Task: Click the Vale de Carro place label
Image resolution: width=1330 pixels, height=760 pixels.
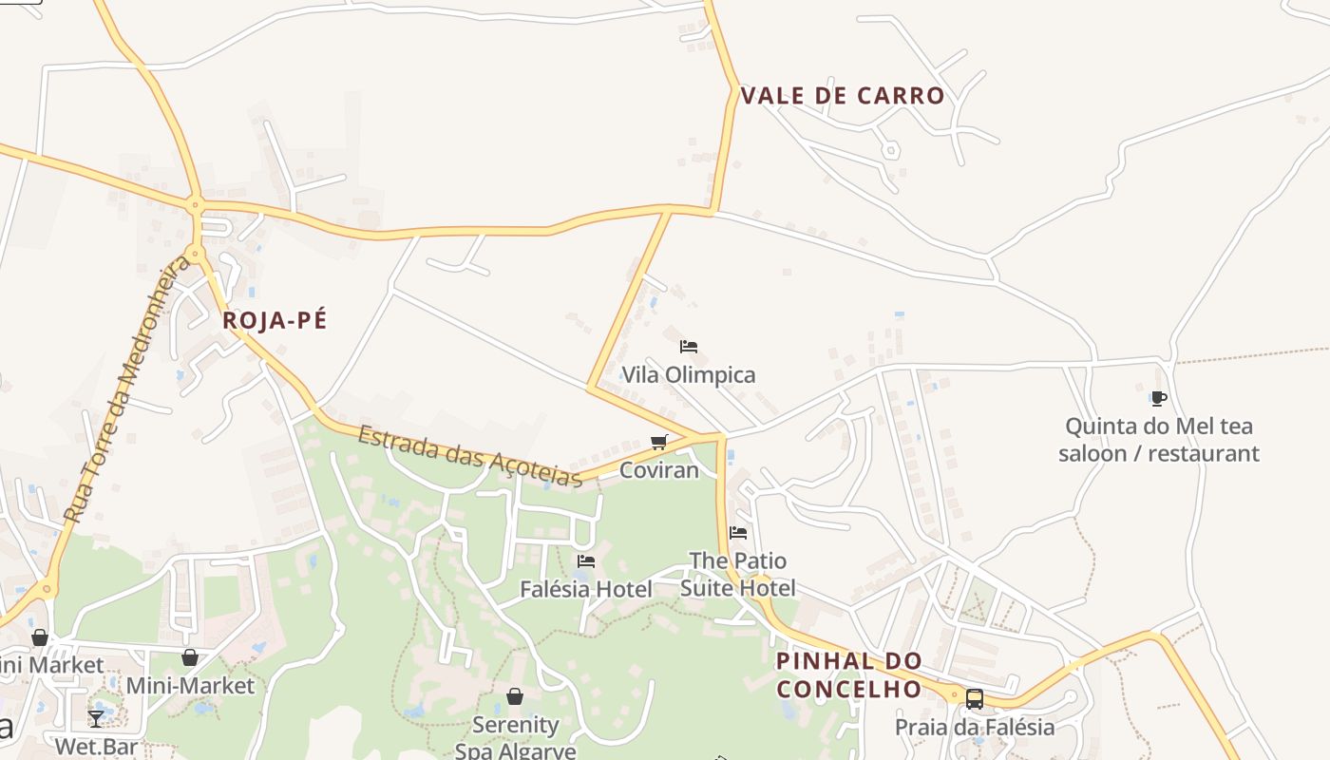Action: point(842,96)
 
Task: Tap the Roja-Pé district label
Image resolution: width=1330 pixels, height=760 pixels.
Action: point(275,320)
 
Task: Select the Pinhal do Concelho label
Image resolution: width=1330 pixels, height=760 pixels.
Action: point(848,674)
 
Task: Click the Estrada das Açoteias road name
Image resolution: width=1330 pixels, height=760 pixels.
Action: point(470,456)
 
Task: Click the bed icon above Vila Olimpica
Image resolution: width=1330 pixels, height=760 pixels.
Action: point(689,347)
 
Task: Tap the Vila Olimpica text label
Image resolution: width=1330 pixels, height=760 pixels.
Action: point(689,374)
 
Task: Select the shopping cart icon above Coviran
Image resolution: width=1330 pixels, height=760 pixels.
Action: point(659,442)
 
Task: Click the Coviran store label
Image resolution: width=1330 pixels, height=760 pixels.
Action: point(659,470)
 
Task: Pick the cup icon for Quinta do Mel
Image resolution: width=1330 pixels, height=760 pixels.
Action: point(1158,398)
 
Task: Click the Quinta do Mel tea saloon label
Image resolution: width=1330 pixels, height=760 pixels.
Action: point(1159,440)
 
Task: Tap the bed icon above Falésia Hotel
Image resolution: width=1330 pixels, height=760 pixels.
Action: point(586,561)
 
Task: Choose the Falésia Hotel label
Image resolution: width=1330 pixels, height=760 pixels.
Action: point(586,589)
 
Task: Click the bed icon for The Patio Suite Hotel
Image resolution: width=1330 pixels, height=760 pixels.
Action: point(738,533)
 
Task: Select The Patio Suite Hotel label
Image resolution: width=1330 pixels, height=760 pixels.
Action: point(738,574)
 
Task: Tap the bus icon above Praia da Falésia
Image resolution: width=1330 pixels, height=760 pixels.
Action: point(975,699)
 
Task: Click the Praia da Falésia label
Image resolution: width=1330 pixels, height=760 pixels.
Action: point(975,728)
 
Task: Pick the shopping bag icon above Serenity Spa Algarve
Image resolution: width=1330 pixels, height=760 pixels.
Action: point(515,697)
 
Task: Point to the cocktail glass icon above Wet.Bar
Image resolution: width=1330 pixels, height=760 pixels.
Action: point(96,718)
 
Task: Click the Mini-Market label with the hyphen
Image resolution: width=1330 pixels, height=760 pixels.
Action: point(190,686)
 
